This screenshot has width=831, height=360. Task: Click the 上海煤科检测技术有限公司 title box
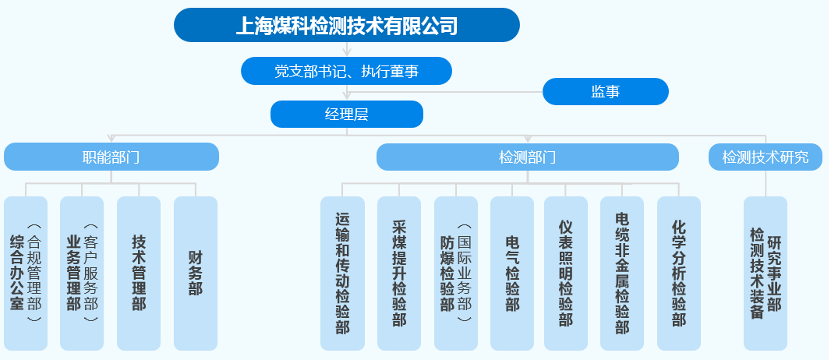(x=346, y=25)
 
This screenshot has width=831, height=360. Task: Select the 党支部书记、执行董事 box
(x=346, y=71)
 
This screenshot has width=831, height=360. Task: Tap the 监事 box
(x=605, y=92)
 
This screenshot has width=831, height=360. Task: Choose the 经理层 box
(x=346, y=114)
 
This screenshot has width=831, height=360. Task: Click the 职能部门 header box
(x=111, y=157)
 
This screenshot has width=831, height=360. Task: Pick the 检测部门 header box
(x=527, y=157)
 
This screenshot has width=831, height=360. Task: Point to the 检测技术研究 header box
(x=766, y=157)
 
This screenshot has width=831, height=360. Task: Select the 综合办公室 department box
(x=26, y=273)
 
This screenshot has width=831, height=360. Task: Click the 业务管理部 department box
(x=82, y=273)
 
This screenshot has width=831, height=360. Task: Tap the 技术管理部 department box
(x=139, y=273)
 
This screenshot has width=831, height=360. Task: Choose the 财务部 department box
(x=195, y=273)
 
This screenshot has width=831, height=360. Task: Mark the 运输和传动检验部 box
(x=342, y=273)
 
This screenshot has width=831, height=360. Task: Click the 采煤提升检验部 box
(x=399, y=273)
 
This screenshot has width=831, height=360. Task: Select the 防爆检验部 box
(x=455, y=273)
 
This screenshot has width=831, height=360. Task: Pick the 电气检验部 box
(x=512, y=273)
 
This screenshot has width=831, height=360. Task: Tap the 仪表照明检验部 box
(x=566, y=273)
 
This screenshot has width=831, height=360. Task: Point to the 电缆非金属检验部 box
(x=622, y=273)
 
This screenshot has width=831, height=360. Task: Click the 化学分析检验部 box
(x=679, y=273)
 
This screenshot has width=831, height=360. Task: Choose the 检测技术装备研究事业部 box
(x=766, y=273)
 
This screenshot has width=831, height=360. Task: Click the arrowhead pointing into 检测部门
(x=528, y=139)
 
